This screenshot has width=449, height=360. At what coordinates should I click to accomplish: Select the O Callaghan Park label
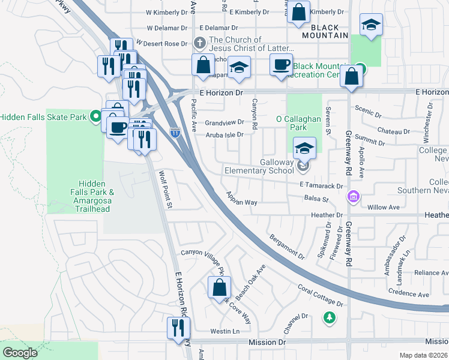[298, 124]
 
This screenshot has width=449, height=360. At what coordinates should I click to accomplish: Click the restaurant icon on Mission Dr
[178, 328]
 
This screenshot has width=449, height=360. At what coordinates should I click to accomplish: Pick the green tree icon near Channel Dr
[328, 316]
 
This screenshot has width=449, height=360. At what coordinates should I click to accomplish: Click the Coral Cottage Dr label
[319, 296]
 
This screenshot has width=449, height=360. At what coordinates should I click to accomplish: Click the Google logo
[20, 353]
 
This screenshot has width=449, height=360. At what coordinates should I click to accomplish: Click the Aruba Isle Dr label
[224, 135]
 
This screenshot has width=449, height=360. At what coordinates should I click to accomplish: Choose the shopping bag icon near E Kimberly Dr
[298, 11]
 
